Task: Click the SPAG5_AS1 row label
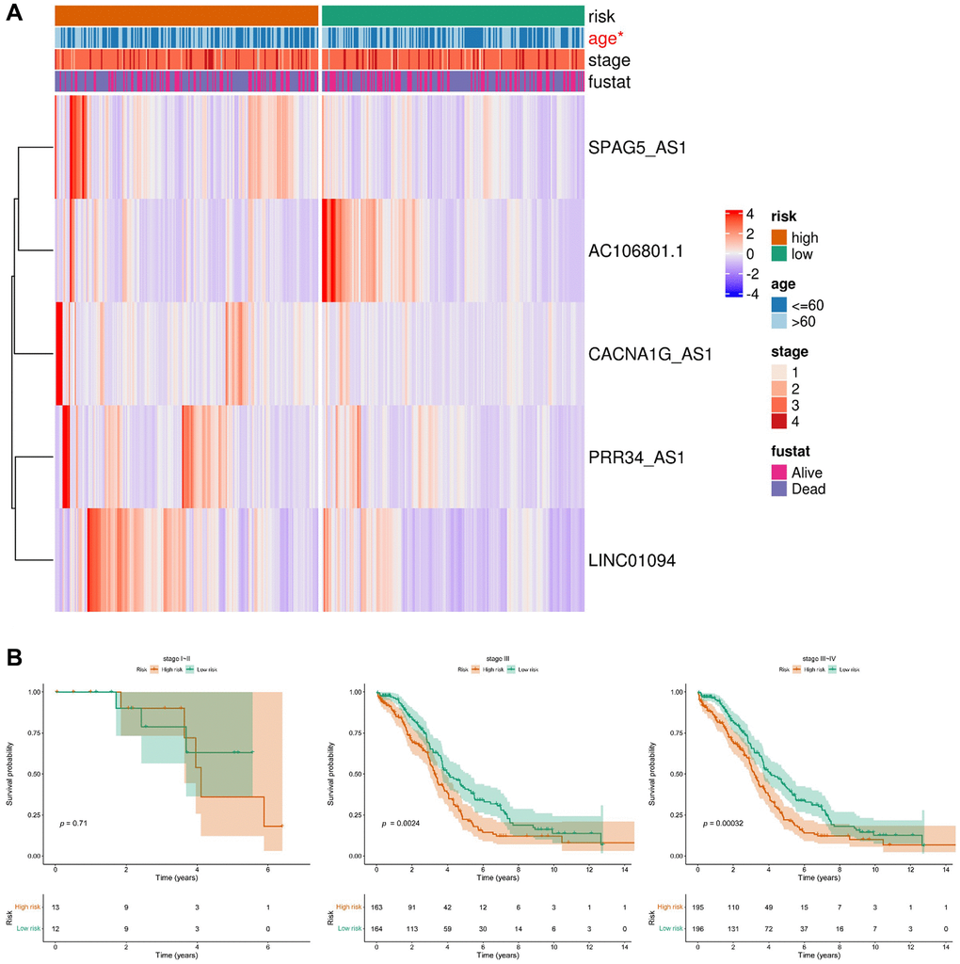coord(634,147)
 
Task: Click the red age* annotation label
coord(609,39)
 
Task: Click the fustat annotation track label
coord(609,83)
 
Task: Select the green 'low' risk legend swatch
coord(779,254)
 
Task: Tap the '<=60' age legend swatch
coord(779,305)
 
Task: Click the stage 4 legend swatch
coord(779,421)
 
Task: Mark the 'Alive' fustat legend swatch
coord(779,473)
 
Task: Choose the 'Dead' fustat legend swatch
coord(779,489)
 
